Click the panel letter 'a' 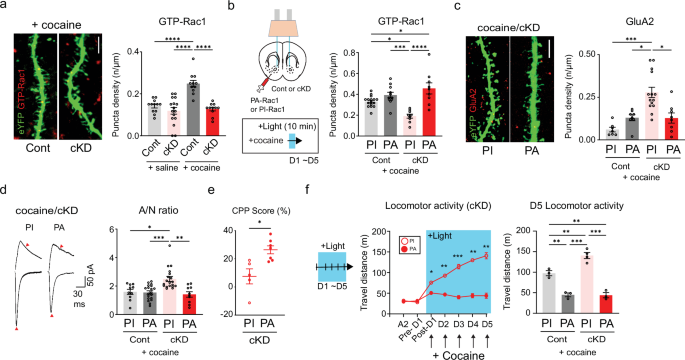6,8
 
